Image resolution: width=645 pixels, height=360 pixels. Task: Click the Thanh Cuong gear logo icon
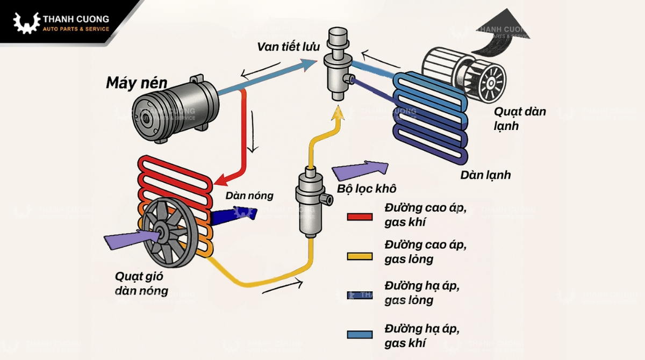[x=26, y=23]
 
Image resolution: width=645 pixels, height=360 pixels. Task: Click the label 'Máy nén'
[x=137, y=83]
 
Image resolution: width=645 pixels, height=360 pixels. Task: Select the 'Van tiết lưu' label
[x=288, y=47]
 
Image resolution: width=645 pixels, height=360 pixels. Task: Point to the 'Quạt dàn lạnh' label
[x=520, y=118]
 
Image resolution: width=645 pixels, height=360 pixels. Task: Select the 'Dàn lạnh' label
[x=485, y=175]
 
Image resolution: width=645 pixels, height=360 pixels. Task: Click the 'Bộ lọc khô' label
[x=367, y=189]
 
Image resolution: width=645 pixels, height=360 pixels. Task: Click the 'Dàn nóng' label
[x=249, y=196]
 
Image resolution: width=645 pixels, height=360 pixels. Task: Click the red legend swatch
[x=360, y=217]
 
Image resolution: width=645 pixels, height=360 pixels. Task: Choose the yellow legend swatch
[x=360, y=256]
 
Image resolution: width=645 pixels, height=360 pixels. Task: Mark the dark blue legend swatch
[x=360, y=295]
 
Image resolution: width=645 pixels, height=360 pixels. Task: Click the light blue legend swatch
[x=360, y=334]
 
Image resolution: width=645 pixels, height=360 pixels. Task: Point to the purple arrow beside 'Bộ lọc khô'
[x=360, y=171]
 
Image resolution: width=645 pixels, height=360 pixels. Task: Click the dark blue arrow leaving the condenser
[x=234, y=217]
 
